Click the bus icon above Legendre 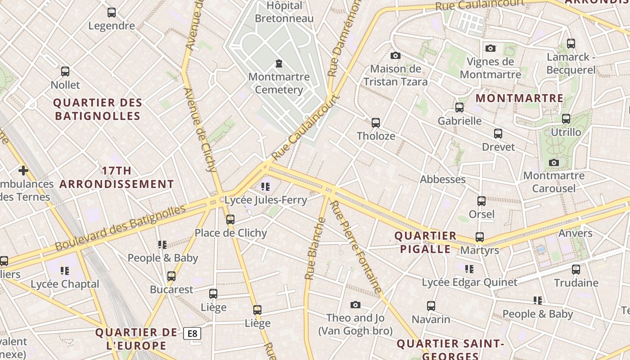(112, 13)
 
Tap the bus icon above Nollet (65, 72)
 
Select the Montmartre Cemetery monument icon (279, 63)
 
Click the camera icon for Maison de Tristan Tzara (396, 55)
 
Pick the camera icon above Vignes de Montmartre (490, 48)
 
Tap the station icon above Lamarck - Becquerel (571, 44)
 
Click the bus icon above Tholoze (376, 122)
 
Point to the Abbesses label (443, 180)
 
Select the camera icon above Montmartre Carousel (554, 162)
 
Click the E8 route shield (192, 333)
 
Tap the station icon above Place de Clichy (230, 220)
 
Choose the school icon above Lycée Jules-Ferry (265, 186)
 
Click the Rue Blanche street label (315, 248)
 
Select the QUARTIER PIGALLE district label (425, 243)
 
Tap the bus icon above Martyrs (480, 237)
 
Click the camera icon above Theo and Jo (355, 305)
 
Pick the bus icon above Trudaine (576, 270)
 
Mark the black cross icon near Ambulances (23, 171)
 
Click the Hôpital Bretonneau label (284, 12)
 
